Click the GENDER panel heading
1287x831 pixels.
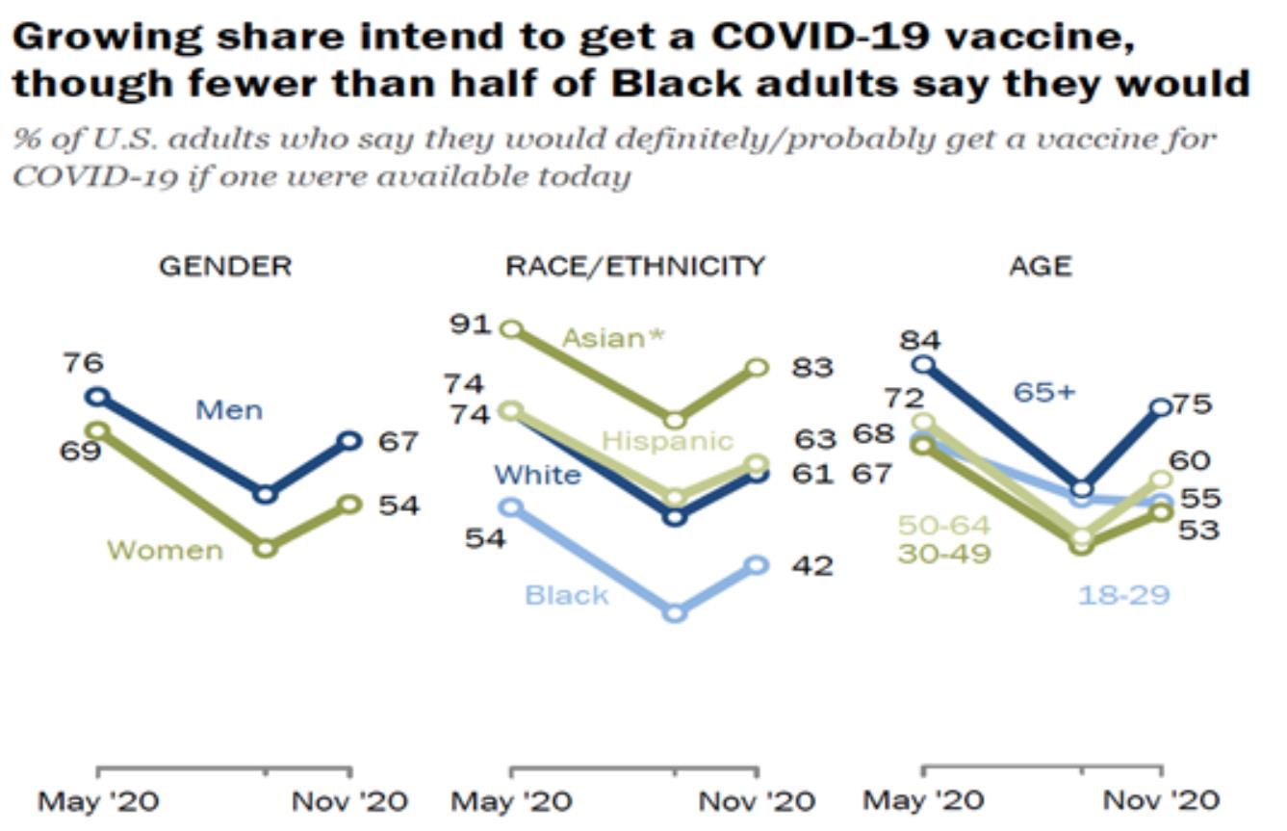[x=224, y=266]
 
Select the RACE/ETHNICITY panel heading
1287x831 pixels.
[x=635, y=266]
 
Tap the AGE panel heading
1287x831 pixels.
[x=1040, y=266]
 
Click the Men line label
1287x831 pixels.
[x=229, y=410]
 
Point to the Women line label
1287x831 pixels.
[x=165, y=551]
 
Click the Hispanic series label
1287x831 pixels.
[x=667, y=441]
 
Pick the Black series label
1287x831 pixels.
[x=567, y=595]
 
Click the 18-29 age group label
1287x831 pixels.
[x=1123, y=595]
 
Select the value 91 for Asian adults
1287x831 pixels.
[x=473, y=324]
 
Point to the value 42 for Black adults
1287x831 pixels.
[x=811, y=565]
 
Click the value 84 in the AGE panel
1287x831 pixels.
[x=921, y=339]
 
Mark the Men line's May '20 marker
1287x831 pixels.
[x=97, y=396]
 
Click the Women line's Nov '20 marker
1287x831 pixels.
[x=350, y=504]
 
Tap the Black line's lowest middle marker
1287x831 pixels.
[x=676, y=612]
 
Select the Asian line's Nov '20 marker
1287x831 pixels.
[x=758, y=367]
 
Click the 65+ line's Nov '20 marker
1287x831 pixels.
[x=1162, y=407]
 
